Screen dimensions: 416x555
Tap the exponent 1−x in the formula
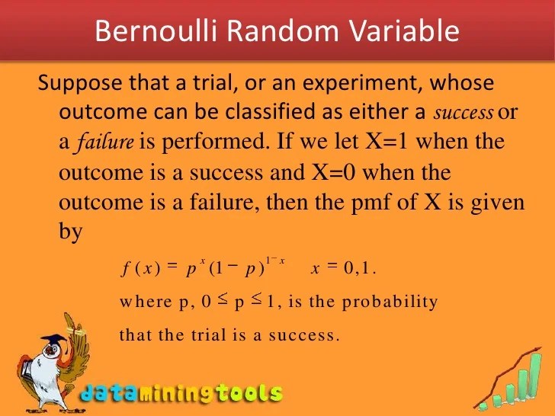274,261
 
